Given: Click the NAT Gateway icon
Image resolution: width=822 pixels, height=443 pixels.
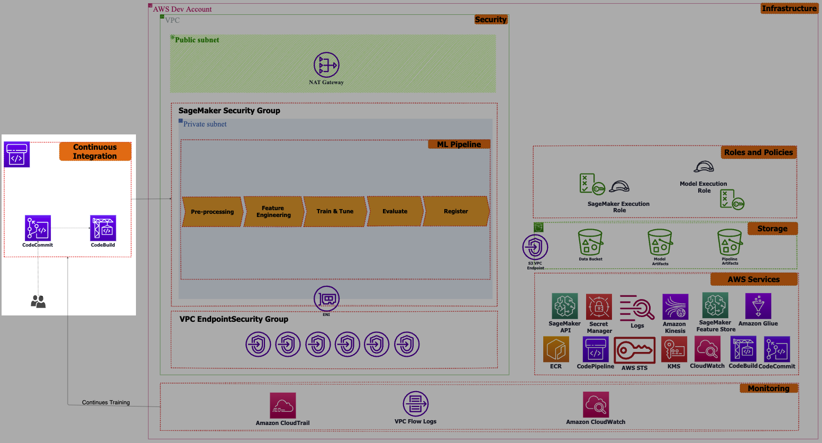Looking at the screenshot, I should (x=326, y=65).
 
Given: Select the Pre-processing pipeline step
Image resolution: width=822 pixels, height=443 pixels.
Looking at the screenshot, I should (x=212, y=212).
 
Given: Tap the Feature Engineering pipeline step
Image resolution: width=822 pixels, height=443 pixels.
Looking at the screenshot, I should (x=273, y=212).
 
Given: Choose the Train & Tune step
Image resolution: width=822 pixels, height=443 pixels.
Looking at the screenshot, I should (x=335, y=212).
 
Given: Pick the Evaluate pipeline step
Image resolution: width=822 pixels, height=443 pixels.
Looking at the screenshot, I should (x=395, y=212).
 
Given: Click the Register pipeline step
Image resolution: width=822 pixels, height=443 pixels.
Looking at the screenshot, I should (x=455, y=212).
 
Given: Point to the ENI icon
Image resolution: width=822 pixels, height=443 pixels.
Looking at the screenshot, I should (x=326, y=299).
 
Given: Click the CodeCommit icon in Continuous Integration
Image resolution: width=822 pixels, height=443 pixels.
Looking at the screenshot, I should (x=38, y=228).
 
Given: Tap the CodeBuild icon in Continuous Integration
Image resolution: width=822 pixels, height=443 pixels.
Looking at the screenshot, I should (x=103, y=228).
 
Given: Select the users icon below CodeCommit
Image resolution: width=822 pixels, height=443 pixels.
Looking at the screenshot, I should (x=38, y=302).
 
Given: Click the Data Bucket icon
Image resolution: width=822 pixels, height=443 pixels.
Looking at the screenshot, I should (x=590, y=242).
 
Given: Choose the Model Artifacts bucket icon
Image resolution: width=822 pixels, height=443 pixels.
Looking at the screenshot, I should (x=660, y=242).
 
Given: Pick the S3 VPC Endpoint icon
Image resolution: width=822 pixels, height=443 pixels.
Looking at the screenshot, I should (x=535, y=247).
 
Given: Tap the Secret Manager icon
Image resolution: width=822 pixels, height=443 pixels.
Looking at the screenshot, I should (x=599, y=306).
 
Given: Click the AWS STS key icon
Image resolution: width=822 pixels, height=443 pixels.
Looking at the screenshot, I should (x=635, y=350).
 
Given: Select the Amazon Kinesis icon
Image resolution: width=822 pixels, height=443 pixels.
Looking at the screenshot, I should (x=675, y=306).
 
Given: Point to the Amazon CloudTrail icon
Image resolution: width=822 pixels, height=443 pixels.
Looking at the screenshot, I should (x=283, y=405).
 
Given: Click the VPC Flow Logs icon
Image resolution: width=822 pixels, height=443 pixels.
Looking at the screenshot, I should (x=416, y=404).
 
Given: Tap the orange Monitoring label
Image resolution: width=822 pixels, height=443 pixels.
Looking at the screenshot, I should (x=769, y=388).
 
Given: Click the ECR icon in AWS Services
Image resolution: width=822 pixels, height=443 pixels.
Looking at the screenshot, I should (x=556, y=349).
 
